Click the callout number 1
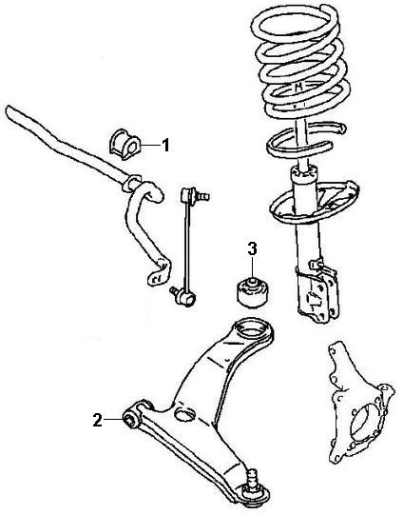166,146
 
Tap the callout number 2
97,420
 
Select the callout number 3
252,249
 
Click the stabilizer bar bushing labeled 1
124,144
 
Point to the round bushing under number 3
255,292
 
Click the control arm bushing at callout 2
132,420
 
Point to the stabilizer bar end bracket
159,273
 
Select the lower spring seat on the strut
315,204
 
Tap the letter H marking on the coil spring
298,87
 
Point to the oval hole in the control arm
184,414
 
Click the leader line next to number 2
113,420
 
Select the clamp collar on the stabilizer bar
132,183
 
